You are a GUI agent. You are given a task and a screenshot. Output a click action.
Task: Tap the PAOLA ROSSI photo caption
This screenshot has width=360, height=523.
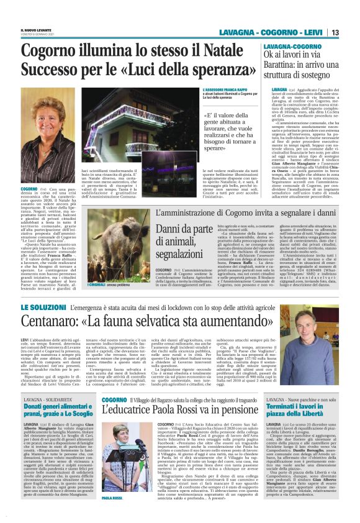tap(112, 516)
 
